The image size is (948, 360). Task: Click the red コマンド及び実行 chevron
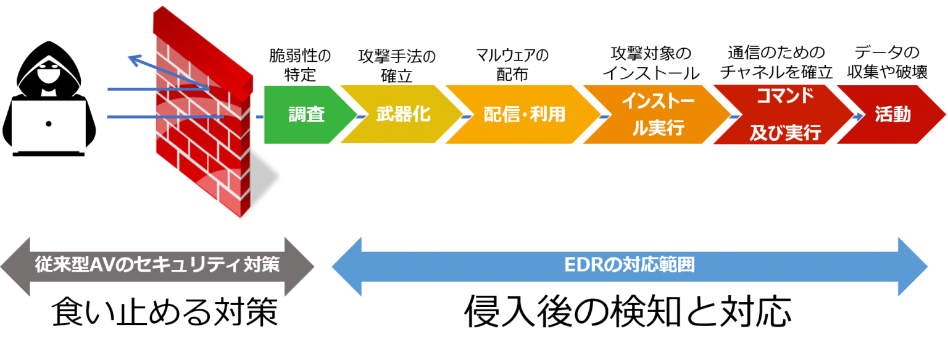click(784, 115)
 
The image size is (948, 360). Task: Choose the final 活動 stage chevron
click(892, 115)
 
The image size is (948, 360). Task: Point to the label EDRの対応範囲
click(630, 266)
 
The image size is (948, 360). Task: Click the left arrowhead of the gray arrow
click(16, 267)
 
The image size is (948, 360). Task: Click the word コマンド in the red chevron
click(784, 96)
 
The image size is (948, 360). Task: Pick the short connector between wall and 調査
click(259, 115)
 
